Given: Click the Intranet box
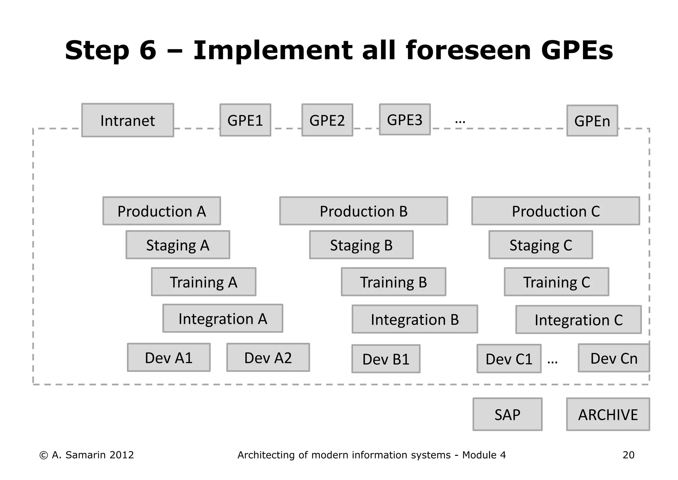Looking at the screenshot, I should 127,120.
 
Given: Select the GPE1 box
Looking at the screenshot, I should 245,120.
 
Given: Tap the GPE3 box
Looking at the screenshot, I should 405,120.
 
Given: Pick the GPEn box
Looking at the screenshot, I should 592,121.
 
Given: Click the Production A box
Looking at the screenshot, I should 162,211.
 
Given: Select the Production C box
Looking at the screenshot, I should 556,211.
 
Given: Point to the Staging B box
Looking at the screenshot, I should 361,245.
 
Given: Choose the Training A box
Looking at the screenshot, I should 204,282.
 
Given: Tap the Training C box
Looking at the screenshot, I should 556,282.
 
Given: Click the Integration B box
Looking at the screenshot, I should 414,319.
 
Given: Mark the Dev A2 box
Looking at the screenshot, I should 268,358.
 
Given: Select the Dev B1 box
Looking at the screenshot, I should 386,359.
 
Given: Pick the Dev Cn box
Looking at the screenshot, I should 613,358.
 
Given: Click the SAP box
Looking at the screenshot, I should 507,414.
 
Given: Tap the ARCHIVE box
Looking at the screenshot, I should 608,414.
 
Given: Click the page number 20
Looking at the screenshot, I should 628,455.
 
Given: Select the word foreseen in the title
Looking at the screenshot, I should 468,50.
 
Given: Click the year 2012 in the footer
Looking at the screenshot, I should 121,455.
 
